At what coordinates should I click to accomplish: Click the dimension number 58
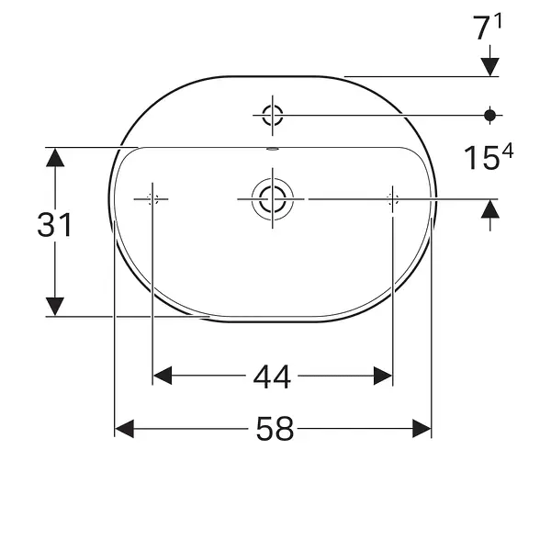click(275, 429)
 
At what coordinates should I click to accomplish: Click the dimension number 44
click(272, 377)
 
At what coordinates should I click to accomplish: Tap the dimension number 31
click(55, 225)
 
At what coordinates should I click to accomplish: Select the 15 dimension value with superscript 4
click(489, 157)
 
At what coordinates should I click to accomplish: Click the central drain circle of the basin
click(273, 199)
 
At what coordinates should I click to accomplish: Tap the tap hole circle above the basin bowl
click(273, 115)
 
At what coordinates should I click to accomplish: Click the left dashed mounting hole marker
click(152, 199)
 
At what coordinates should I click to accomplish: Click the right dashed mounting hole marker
click(392, 199)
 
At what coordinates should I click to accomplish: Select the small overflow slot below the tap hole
click(273, 149)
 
